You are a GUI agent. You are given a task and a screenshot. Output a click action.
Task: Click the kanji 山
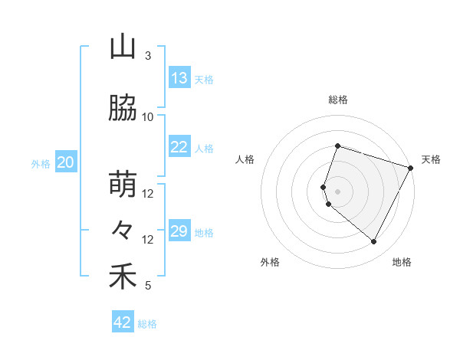tap(123, 47)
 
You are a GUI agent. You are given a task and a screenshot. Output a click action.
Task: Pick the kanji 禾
tap(123, 277)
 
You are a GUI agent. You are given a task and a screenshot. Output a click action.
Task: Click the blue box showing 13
tap(179, 78)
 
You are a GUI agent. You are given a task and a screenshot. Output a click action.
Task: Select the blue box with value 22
tap(179, 148)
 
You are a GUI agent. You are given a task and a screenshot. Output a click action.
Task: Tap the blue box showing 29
tap(179, 232)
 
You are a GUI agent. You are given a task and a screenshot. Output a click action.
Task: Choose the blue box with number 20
tap(66, 162)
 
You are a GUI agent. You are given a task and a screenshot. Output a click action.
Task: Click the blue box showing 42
tap(123, 322)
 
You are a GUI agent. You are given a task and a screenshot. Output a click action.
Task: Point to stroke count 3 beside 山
tap(148, 56)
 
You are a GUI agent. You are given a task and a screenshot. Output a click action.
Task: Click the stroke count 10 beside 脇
tap(148, 117)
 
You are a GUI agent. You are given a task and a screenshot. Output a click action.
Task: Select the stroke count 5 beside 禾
tap(148, 286)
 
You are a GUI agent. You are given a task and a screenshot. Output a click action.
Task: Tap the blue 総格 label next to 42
tap(148, 324)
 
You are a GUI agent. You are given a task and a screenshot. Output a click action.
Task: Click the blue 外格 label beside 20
tap(41, 163)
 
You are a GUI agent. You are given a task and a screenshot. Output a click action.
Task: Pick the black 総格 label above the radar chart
tap(338, 100)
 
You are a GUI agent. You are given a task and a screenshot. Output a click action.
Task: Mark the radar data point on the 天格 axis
tap(411, 168)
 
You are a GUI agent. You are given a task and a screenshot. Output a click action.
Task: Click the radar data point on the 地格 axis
tap(374, 241)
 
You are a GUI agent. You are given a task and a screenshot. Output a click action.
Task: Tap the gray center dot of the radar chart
tap(338, 191)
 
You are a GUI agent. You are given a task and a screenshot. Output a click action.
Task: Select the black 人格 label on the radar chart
tap(245, 159)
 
